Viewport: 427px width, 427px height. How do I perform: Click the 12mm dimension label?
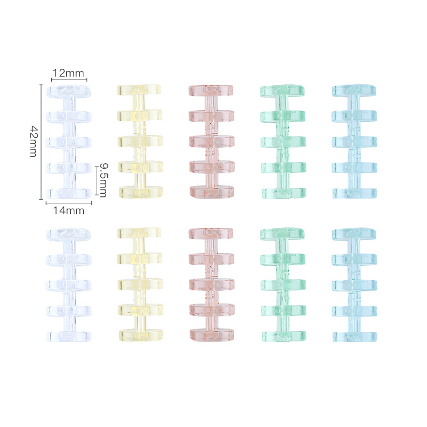[x=68, y=73]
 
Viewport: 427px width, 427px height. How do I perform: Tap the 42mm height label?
[x=34, y=141]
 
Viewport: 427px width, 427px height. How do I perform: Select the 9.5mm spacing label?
[x=103, y=180]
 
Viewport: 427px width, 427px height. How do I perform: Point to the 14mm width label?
[x=69, y=210]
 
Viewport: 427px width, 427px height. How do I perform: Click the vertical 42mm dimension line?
[x=41, y=141]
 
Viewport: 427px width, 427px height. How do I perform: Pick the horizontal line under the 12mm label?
[x=69, y=80]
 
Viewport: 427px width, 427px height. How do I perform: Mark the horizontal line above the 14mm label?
[x=69, y=203]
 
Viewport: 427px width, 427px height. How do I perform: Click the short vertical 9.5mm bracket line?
[x=97, y=181]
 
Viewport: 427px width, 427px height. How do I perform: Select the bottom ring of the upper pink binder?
[x=211, y=192]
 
